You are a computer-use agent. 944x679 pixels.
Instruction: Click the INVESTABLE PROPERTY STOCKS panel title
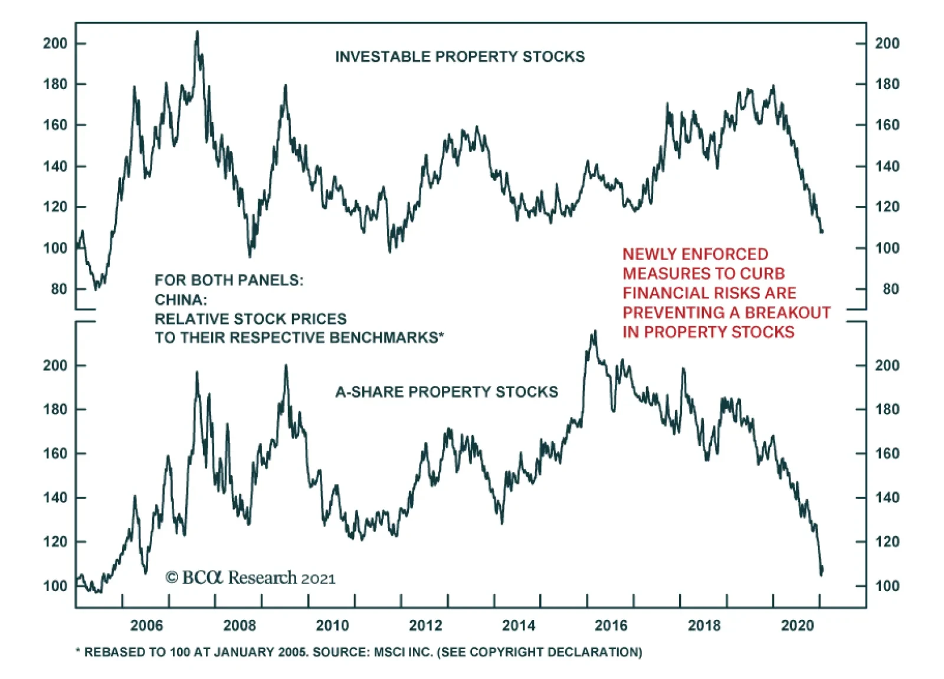[460, 57]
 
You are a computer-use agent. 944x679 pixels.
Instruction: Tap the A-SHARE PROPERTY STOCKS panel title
[447, 392]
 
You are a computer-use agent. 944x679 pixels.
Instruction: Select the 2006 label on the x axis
[146, 625]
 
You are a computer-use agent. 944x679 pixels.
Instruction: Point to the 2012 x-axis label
[425, 625]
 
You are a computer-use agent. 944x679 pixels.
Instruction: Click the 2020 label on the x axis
[797, 625]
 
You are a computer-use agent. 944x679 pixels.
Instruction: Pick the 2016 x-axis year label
[611, 625]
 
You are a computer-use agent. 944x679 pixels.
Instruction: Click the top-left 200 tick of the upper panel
[55, 43]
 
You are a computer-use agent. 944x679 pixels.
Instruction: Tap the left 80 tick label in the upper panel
[59, 289]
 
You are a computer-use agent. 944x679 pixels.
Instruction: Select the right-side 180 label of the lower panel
[887, 409]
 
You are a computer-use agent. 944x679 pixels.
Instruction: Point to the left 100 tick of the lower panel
[55, 586]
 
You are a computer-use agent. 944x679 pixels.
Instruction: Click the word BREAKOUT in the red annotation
[794, 313]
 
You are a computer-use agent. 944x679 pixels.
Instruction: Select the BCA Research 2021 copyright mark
[250, 578]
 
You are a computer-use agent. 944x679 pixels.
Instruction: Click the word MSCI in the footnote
[389, 652]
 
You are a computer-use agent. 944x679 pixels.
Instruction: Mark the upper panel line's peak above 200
[197, 32]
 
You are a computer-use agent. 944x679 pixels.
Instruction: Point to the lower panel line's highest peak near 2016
[595, 332]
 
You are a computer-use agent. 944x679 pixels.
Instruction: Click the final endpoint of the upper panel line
[822, 231]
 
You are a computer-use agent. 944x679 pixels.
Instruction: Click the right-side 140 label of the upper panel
[887, 166]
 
